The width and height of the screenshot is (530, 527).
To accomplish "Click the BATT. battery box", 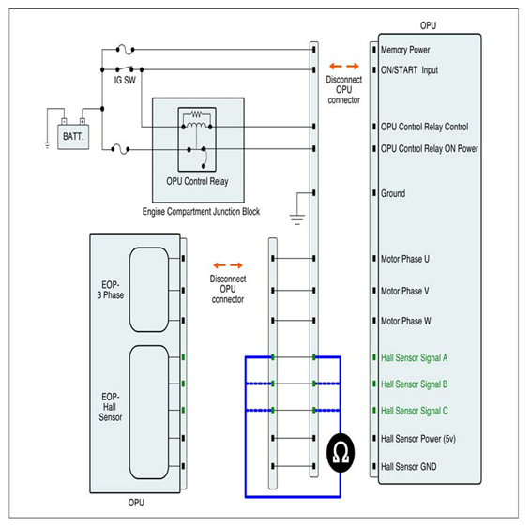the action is coord(73,137).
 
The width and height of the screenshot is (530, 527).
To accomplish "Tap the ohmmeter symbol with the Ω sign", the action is coord(341,452).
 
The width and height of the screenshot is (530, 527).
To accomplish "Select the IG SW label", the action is coord(125,80).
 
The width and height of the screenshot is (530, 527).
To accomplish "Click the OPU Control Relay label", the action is coord(197,181).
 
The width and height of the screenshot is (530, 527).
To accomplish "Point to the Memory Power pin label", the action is coord(405,50).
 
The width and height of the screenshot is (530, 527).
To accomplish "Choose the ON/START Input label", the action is coord(409,70).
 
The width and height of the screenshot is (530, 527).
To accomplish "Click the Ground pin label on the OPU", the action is coord(393,193).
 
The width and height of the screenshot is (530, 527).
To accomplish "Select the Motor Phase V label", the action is coord(405,291).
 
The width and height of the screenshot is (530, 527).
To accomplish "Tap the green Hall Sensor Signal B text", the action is coord(415,384).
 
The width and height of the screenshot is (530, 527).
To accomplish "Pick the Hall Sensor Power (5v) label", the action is coord(418,439).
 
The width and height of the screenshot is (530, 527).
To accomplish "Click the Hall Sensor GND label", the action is coord(409,467).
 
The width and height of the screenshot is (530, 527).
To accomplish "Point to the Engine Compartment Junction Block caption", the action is coord(201,212).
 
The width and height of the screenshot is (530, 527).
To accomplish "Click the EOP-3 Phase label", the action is coord(111,290).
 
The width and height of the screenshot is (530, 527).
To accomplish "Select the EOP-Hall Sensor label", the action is coord(111,407).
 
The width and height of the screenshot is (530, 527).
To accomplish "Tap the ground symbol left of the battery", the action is coord(47,145).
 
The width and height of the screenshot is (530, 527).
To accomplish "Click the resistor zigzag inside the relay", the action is coord(197,113).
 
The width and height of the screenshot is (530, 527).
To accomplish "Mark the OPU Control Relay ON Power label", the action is coord(430,149).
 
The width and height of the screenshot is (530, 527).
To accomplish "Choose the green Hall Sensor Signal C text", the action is coord(415,411).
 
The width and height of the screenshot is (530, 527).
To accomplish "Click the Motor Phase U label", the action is coord(405,259).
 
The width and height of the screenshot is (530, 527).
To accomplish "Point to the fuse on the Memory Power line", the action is coord(125,50).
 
